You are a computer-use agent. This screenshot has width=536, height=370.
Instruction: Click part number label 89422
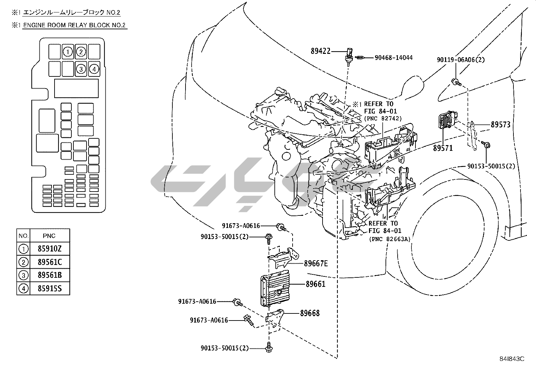coord(321,51)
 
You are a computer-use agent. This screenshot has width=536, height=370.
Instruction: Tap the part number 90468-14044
coord(394,58)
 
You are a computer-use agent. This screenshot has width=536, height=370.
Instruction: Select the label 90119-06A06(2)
coord(461,60)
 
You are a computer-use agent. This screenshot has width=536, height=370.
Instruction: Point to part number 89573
coord(501,125)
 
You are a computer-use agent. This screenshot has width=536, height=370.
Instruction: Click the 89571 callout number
coord(443,148)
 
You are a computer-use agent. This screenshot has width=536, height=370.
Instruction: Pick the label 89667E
coord(316,264)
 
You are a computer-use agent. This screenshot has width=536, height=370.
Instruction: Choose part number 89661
coord(315,284)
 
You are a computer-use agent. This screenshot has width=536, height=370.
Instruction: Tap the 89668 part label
coord(310,313)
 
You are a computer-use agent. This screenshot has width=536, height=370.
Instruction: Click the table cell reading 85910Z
coord(50,249)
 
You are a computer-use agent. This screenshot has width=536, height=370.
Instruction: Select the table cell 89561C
coord(50,262)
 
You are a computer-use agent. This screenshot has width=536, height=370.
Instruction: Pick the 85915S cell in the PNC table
coord(50,289)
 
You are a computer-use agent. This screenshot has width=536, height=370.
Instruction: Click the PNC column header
coord(49,236)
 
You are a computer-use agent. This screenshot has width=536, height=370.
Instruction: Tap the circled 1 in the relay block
coord(68,52)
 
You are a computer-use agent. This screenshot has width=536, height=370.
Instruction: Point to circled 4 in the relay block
coord(94,69)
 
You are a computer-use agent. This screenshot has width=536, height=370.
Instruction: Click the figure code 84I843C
coord(512,359)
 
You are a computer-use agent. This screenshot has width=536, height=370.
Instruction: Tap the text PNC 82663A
coord(390,239)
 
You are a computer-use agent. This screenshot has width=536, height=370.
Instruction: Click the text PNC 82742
coord(383,118)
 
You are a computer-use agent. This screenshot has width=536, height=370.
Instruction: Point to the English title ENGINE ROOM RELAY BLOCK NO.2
coord(74,25)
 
